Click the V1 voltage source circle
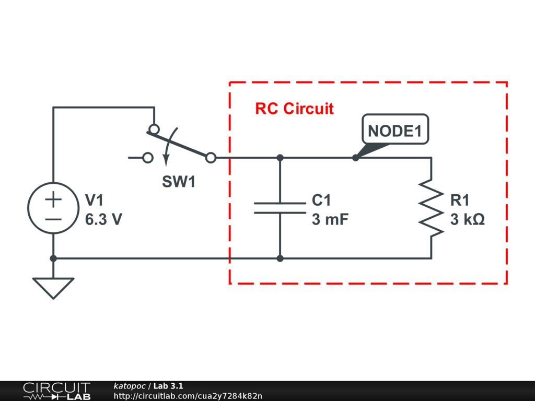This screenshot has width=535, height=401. coord(53,208)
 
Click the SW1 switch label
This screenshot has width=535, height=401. coord(178,182)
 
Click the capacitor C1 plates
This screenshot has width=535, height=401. coord(280,208)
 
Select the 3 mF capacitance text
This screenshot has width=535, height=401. coord(330,220)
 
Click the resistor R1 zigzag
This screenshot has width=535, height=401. coord(431,208)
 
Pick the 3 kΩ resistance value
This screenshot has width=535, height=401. coord(467,220)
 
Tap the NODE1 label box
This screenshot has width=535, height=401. coord(395,131)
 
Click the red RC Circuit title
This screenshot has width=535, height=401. coord(294,109)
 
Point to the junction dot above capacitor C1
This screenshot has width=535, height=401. coord(280,157)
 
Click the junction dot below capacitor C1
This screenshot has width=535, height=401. coord(280,258)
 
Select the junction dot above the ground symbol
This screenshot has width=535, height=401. coord(53,258)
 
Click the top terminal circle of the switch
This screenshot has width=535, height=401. coord(154,129)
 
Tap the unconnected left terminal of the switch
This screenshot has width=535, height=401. coord(148,157)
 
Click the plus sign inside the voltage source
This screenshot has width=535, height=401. coord(53,199)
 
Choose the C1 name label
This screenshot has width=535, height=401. coord(321,200)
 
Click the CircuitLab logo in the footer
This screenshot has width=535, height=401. coord(56,391)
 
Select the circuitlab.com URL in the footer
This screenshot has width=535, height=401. coord(188,396)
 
